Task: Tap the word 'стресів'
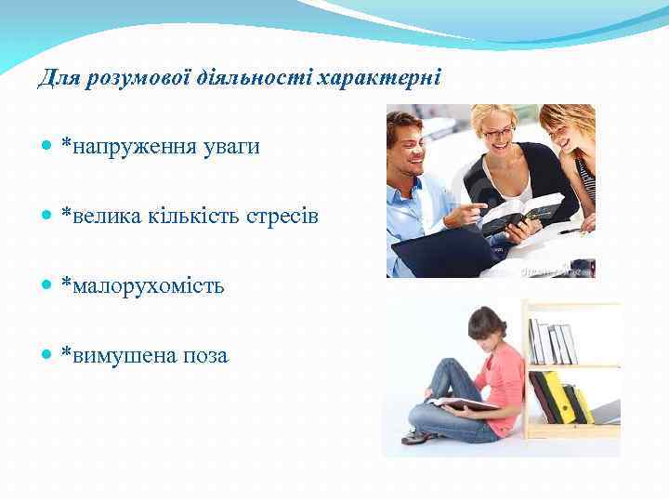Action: [282, 216]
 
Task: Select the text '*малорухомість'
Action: [142, 285]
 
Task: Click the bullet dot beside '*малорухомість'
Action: [47, 286]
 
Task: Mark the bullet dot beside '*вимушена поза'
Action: [47, 356]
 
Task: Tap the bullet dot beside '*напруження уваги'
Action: [47, 148]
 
